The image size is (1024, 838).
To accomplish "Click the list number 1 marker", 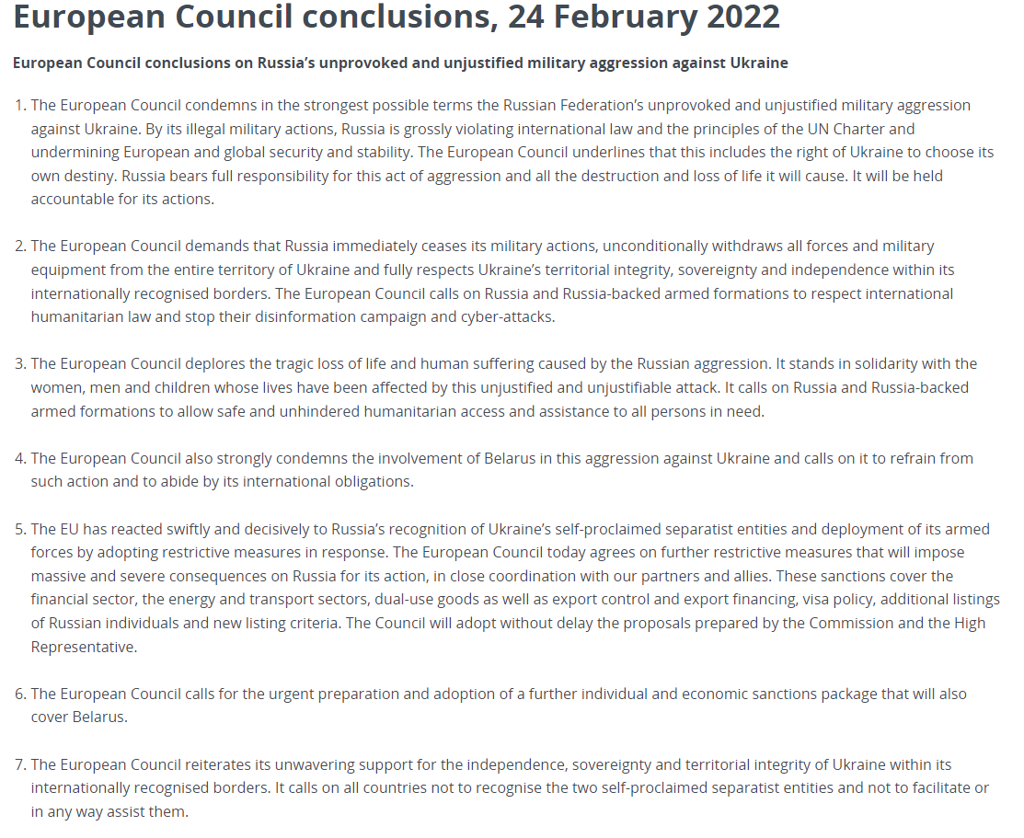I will coord(20,106).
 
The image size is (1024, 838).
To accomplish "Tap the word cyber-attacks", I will coord(519,317).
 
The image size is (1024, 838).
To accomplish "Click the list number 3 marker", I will coord(20,364).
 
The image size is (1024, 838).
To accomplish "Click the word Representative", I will coord(83,647).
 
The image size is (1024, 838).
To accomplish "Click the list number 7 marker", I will coord(20,764).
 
